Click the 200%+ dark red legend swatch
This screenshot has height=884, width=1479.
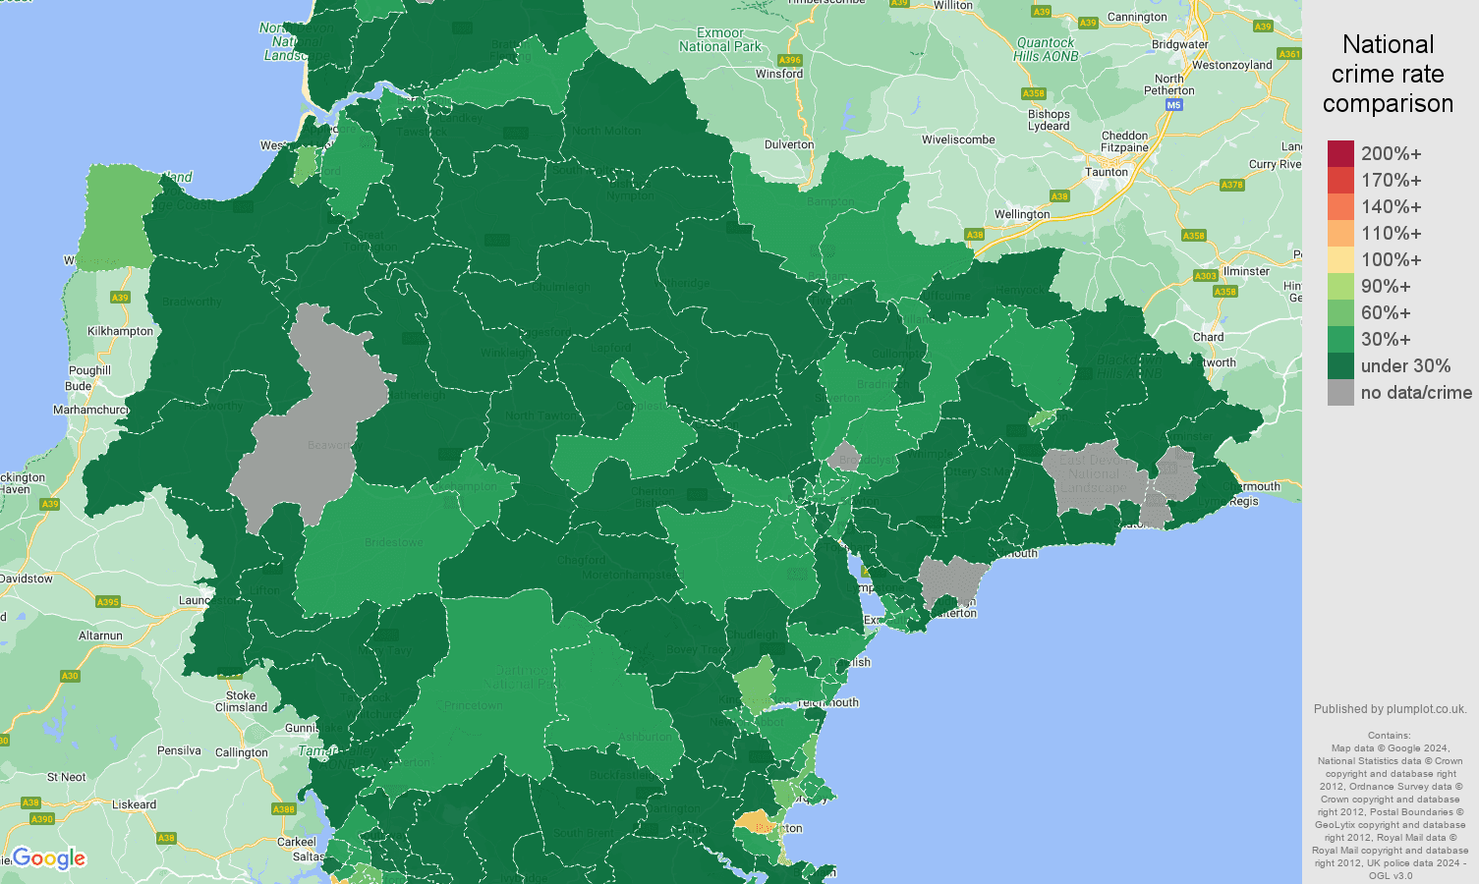pyautogui.click(x=1340, y=154)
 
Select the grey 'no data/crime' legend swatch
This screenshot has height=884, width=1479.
pyautogui.click(x=1340, y=393)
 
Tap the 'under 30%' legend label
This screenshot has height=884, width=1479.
pyautogui.click(x=1405, y=366)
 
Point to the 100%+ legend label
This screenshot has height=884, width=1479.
pyautogui.click(x=1391, y=260)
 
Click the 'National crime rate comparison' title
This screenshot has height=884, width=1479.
pyautogui.click(x=1388, y=75)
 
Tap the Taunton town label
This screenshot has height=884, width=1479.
pyautogui.click(x=1107, y=172)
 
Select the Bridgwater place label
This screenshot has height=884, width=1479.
pyautogui.click(x=1179, y=44)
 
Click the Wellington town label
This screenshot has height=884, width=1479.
pyautogui.click(x=1022, y=214)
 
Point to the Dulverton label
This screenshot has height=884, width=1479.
pyautogui.click(x=789, y=144)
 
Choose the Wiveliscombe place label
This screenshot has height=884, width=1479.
pyautogui.click(x=958, y=139)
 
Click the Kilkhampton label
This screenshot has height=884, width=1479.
pyautogui.click(x=121, y=331)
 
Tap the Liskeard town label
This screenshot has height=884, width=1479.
pyautogui.click(x=134, y=804)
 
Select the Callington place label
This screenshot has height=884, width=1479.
pyautogui.click(x=242, y=752)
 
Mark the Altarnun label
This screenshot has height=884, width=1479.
pyautogui.click(x=100, y=635)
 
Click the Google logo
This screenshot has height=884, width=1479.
pyautogui.click(x=49, y=858)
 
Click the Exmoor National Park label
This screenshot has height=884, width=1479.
pyautogui.click(x=720, y=39)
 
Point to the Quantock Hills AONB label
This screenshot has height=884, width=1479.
pyautogui.click(x=1046, y=49)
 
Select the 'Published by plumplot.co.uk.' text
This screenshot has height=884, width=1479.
pyautogui.click(x=1390, y=709)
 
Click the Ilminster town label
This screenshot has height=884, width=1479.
pyautogui.click(x=1246, y=271)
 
